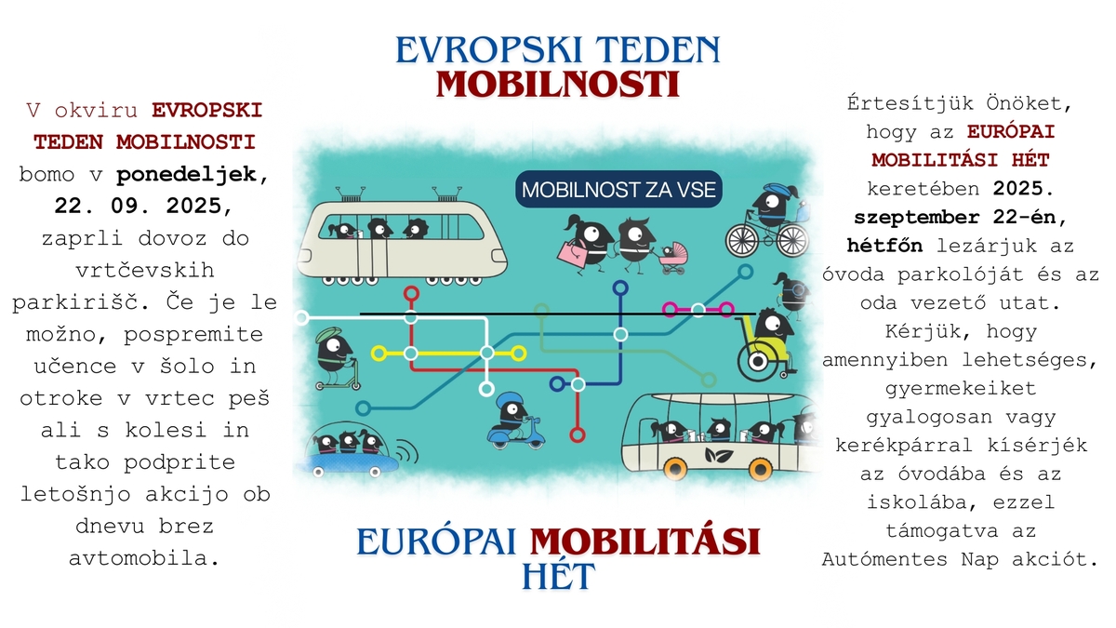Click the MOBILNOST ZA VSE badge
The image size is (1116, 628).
pos(618,190)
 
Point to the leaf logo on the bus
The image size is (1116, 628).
pos(719,455)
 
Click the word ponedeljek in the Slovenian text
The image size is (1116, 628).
pos(187,175)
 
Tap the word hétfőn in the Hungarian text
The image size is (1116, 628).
pos(884,246)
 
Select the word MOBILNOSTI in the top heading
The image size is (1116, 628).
pos(558,85)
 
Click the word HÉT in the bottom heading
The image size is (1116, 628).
pos(558,576)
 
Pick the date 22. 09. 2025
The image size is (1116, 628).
pos(143,206)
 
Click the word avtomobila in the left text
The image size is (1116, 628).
pos(144,558)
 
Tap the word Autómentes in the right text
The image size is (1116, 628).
pos(884,559)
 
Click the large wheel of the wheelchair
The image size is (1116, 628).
pos(757,361)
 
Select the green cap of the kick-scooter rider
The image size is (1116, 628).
pos(329,333)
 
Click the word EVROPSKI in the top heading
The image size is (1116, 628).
pos(489,50)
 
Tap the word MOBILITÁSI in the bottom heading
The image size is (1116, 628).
pos(645,542)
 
